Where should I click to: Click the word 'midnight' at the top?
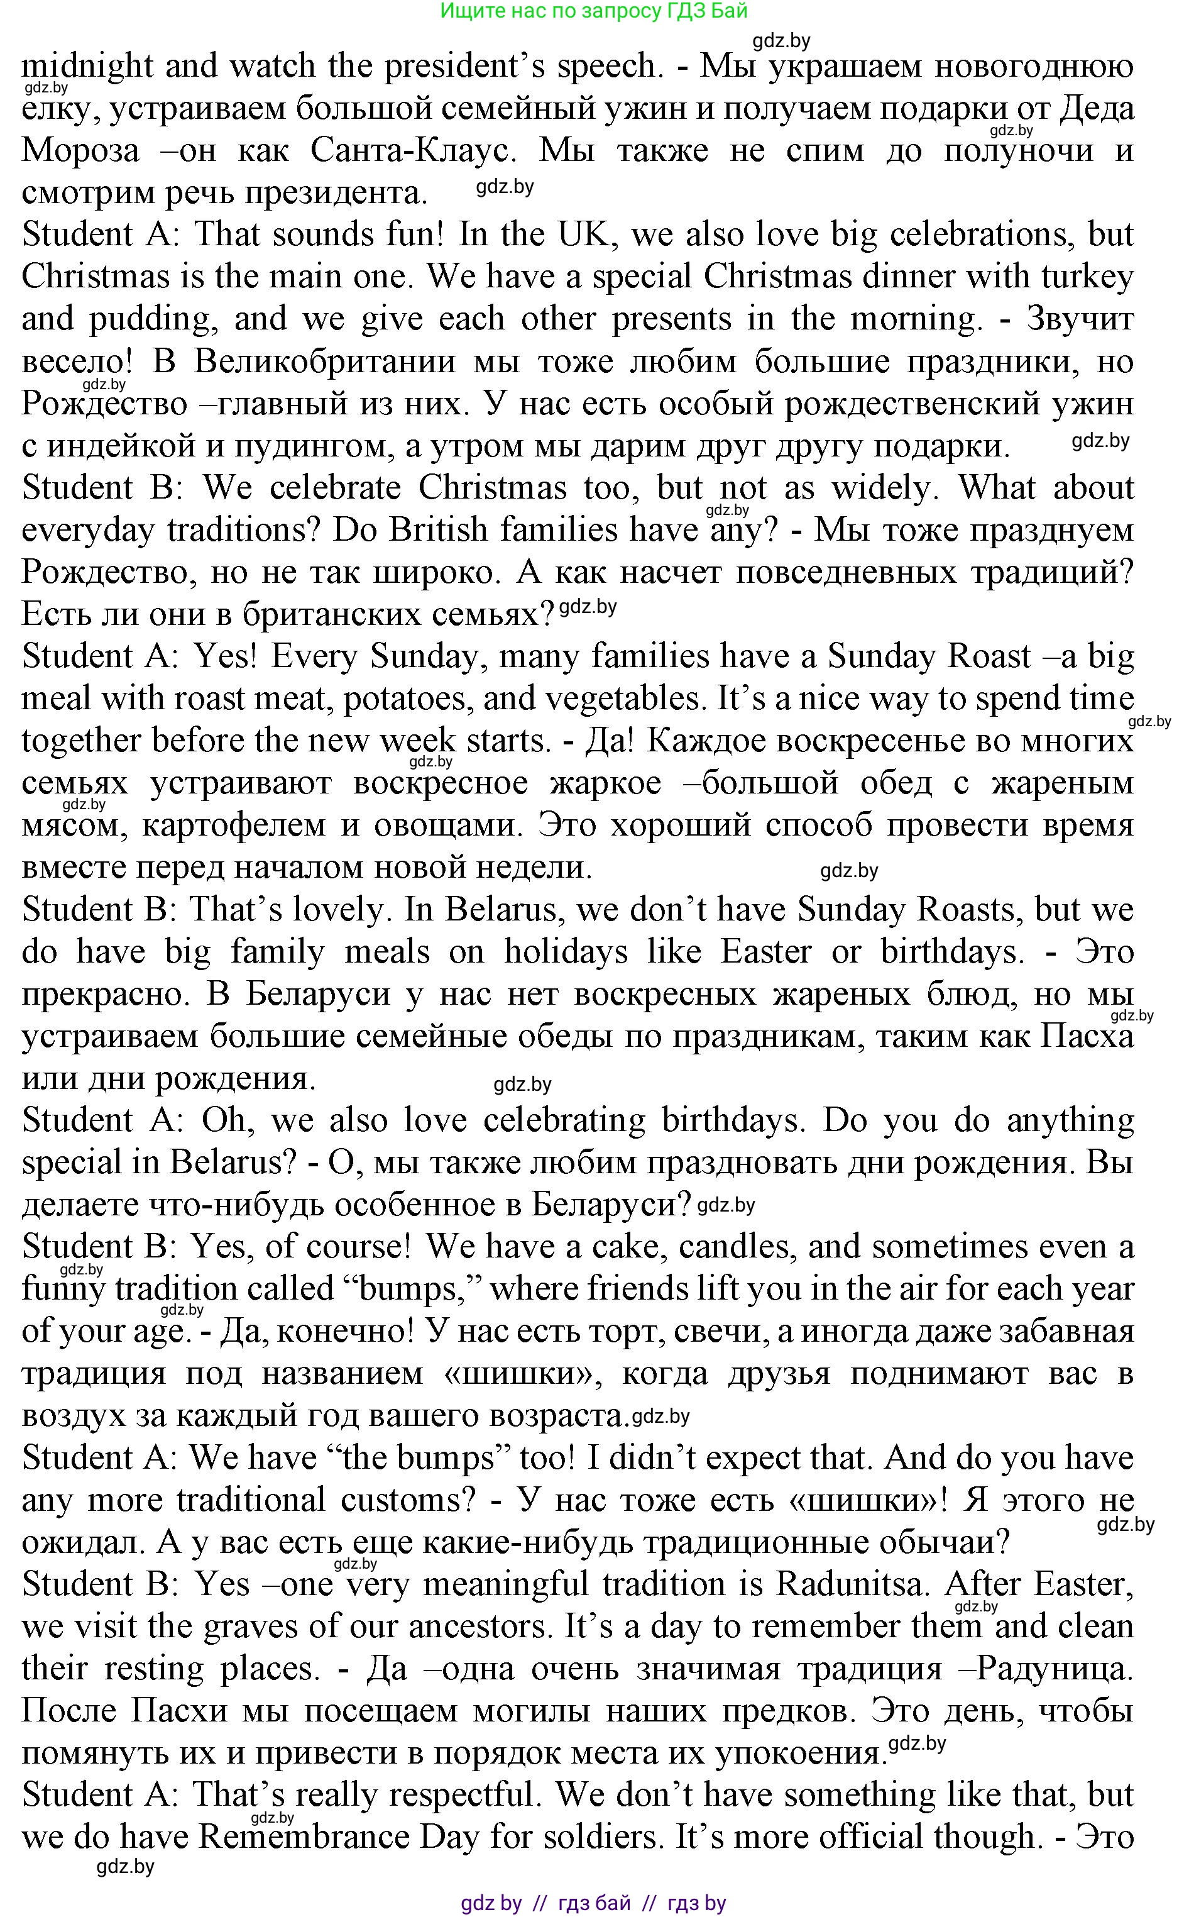coord(87,66)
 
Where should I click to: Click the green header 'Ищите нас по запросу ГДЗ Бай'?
coord(594,11)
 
